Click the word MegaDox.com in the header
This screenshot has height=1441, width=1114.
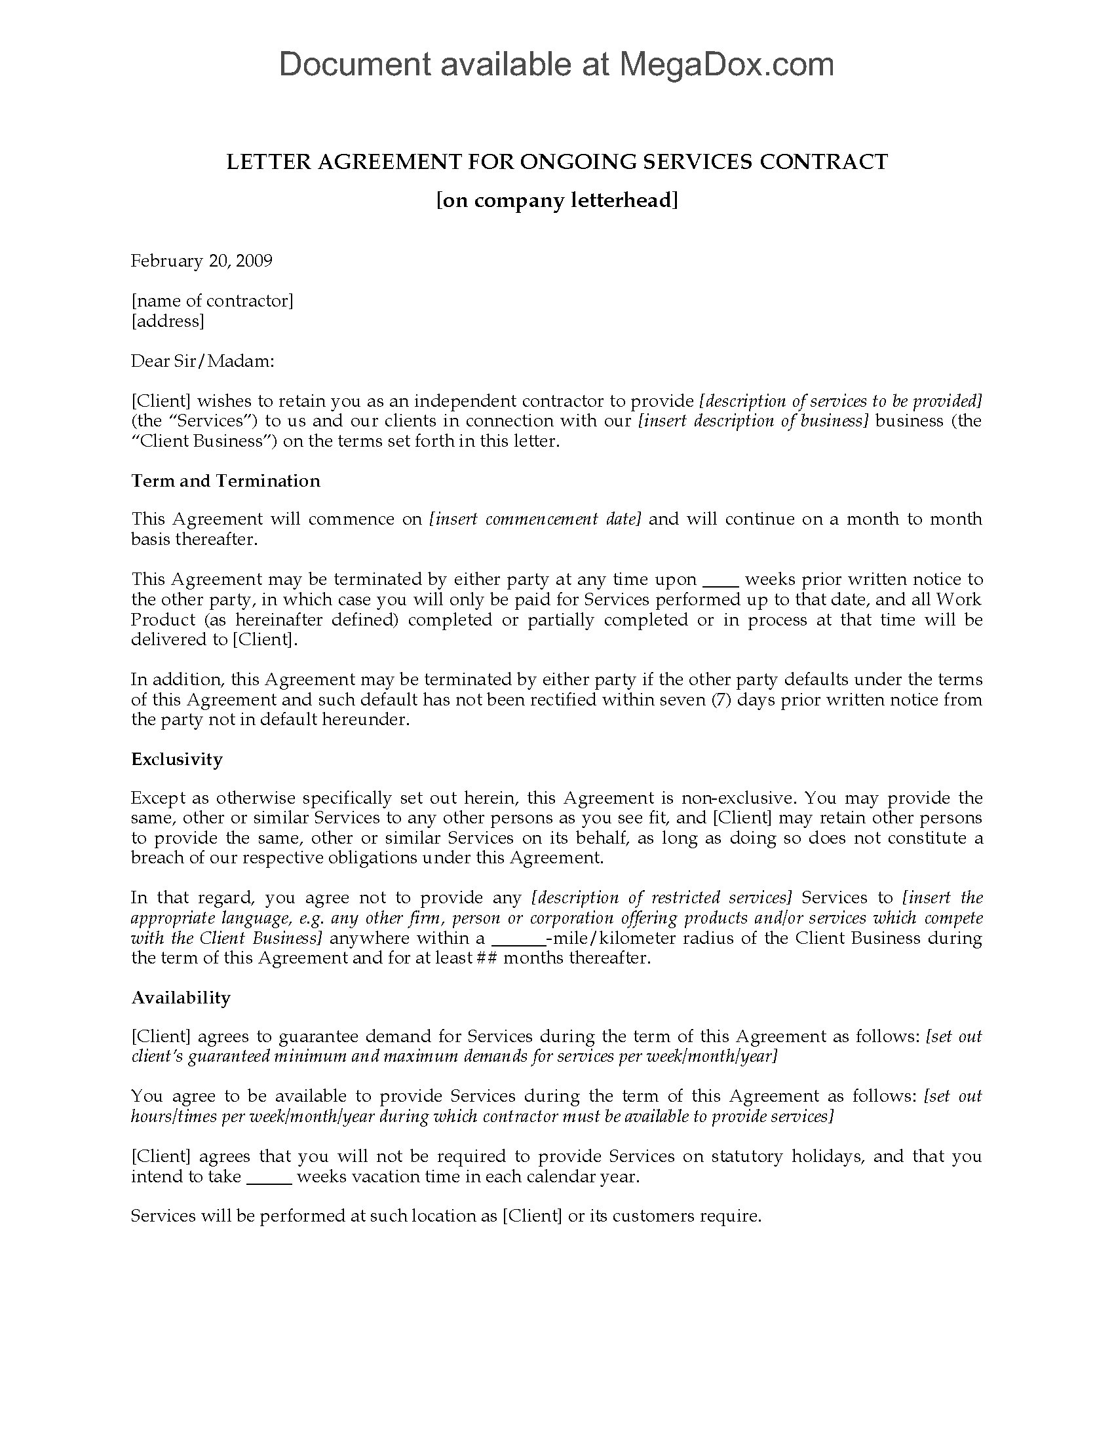725,65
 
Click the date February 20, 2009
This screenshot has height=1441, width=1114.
201,261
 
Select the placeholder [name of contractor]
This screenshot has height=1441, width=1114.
212,301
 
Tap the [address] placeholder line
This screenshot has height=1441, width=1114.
168,322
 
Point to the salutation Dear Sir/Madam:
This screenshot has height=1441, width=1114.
202,361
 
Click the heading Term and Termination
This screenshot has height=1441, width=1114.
225,480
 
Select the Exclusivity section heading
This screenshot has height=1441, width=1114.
177,758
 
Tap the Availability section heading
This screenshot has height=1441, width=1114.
181,997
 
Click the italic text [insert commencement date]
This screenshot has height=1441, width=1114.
535,519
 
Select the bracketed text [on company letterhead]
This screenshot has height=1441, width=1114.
557,200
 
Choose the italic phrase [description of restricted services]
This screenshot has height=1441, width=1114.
661,898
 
